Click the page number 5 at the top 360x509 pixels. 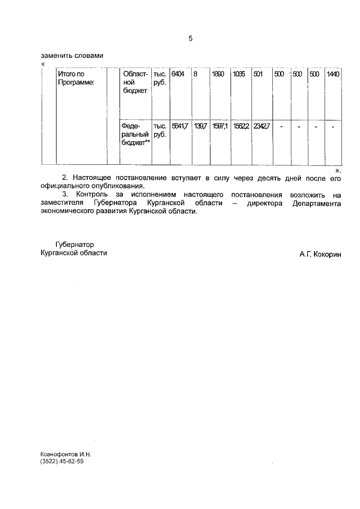pyautogui.click(x=190, y=39)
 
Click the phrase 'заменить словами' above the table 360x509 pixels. pyautogui.click(x=73, y=56)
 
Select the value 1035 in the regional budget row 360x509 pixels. pyautogui.click(x=238, y=74)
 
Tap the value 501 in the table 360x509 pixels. pyautogui.click(x=258, y=74)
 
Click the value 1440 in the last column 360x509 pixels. pyautogui.click(x=333, y=74)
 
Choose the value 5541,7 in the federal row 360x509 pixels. pyautogui.click(x=179, y=127)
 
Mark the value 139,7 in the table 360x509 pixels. pyautogui.click(x=200, y=127)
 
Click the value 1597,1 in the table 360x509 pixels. pyautogui.click(x=219, y=127)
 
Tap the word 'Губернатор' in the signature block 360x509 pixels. pyautogui.click(x=74, y=245)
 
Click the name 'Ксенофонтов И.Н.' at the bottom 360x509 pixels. pyautogui.click(x=65, y=453)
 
